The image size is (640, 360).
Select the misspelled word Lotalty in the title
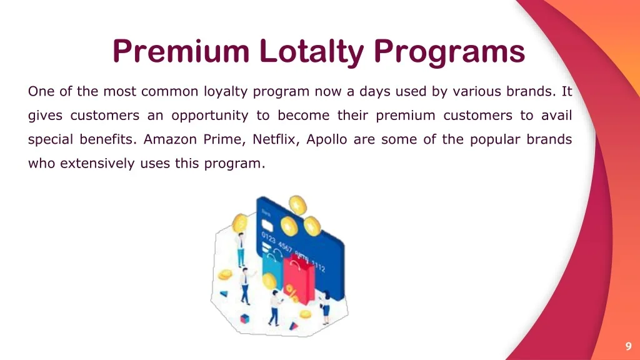pos(311,51)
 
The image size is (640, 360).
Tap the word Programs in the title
pos(449,51)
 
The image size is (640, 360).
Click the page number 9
pos(628,347)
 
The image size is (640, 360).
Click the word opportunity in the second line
pos(210,116)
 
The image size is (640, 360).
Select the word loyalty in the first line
pos(226,92)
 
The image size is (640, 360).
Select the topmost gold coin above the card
pos(297,204)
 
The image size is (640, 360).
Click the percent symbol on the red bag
pos(292,290)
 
